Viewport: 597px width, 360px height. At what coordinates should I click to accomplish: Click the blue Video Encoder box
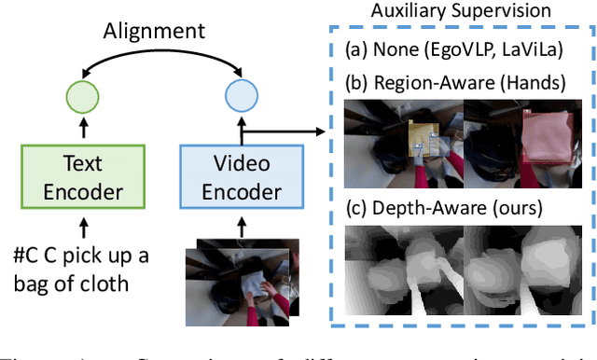243,179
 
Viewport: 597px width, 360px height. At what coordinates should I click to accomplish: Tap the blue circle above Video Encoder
242,98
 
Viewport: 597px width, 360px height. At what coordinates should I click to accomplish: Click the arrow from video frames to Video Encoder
243,226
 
